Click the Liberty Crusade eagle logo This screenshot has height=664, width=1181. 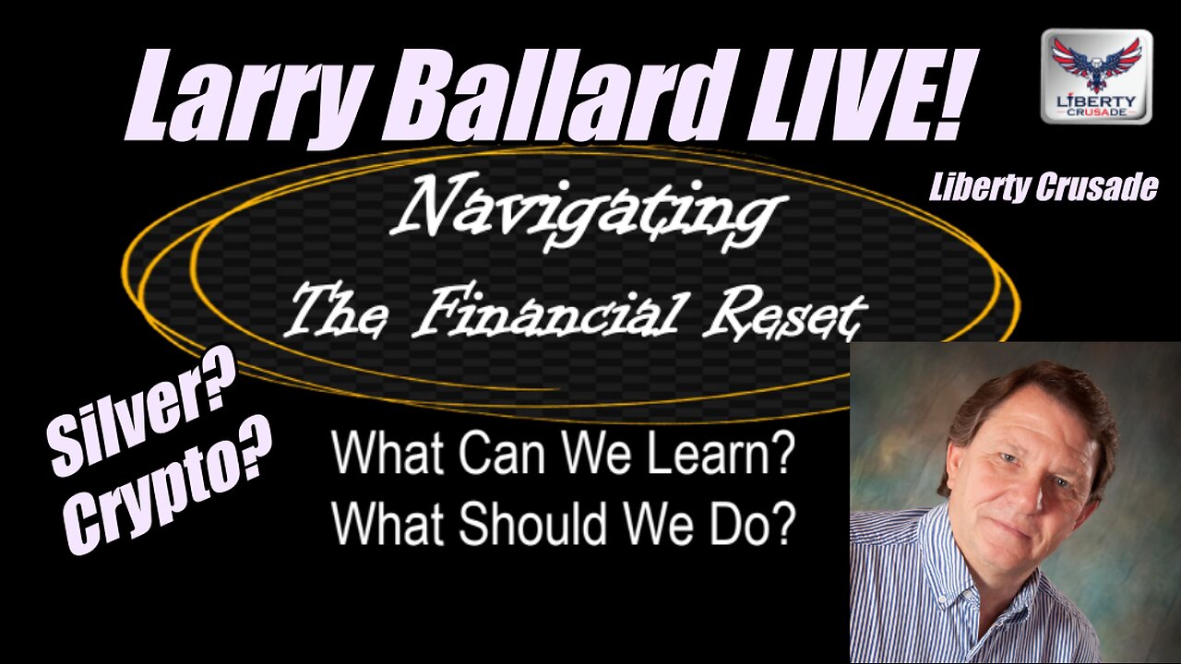[x=1096, y=76]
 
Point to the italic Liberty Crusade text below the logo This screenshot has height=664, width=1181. [x=1043, y=188]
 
